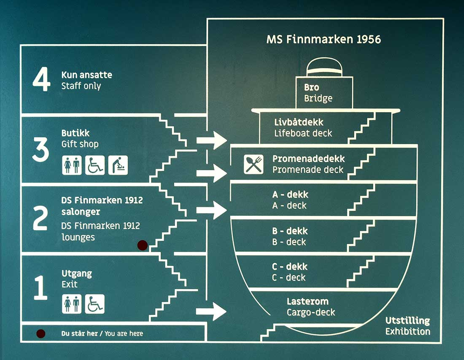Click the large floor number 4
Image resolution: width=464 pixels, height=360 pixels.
41,81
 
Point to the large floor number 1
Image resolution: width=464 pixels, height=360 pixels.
40,288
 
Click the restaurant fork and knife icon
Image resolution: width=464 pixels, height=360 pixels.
254,164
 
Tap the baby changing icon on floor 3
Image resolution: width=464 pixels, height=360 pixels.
118,165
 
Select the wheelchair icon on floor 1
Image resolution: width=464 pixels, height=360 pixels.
94,304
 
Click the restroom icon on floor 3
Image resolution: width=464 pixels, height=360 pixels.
72,165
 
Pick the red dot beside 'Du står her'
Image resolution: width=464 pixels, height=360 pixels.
41,333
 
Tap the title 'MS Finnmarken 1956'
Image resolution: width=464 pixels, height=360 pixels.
324,40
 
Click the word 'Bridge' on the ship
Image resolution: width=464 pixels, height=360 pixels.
318,99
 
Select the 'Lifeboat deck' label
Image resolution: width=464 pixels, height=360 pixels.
303,133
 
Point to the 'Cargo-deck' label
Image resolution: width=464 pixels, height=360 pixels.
311,312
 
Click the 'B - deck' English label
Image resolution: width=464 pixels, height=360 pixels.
289,242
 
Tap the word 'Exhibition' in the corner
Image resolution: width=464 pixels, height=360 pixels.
407,331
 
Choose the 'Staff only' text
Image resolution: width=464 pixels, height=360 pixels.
81,86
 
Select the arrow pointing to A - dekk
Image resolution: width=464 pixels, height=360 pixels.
211,210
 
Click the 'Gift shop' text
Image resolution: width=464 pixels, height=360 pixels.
80,144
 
